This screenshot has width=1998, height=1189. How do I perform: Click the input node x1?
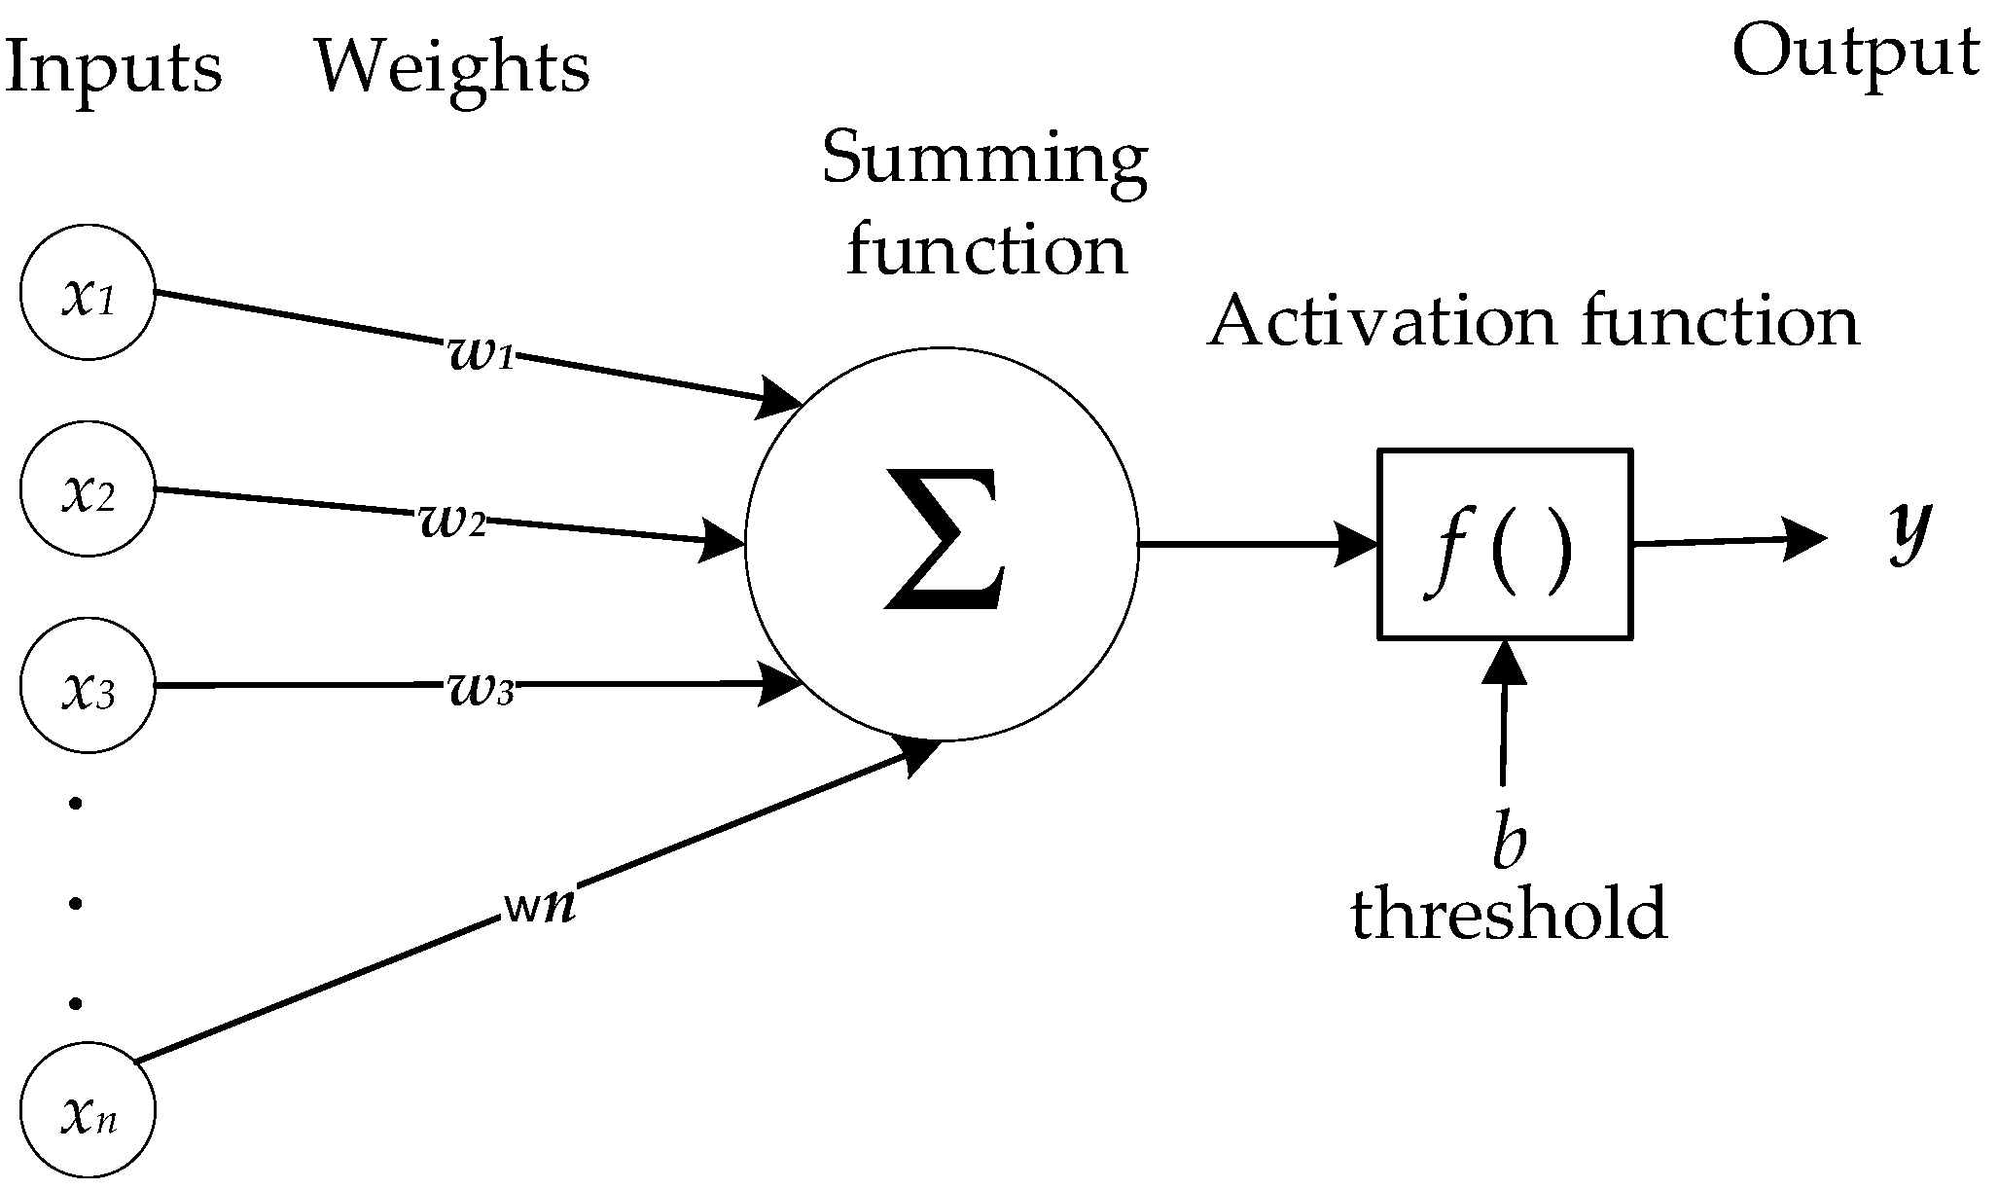(x=88, y=294)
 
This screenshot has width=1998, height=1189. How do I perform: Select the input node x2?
(x=88, y=490)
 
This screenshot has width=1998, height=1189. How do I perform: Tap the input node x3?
(x=88, y=687)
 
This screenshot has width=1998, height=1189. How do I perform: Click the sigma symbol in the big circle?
(x=942, y=541)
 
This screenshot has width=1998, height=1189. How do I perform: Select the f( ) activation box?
(x=1504, y=544)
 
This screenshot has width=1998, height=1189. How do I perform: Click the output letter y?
(x=1909, y=531)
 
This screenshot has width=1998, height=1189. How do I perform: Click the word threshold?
(x=1509, y=915)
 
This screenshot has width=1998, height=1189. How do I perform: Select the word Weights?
(x=452, y=68)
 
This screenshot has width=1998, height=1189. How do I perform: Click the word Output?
(x=1856, y=54)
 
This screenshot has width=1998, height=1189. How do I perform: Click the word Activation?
(x=1380, y=323)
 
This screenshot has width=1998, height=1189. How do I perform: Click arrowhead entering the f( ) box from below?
(x=1505, y=663)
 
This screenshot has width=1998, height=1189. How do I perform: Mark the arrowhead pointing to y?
(x=1804, y=540)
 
